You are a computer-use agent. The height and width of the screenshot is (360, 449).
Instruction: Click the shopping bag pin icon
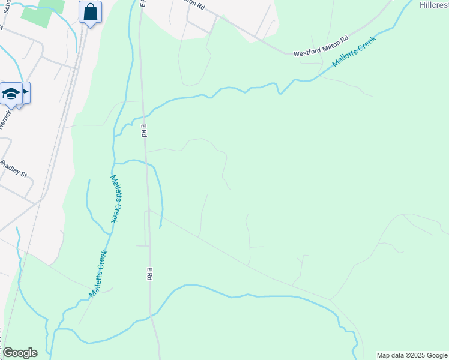[x=90, y=12]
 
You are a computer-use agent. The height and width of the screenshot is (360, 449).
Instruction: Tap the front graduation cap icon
[x=11, y=94]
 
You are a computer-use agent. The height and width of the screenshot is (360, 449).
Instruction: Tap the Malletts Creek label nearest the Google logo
[x=98, y=274]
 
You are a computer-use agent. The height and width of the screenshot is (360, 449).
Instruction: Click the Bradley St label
[x=14, y=169]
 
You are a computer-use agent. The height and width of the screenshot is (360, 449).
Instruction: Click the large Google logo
[x=19, y=353]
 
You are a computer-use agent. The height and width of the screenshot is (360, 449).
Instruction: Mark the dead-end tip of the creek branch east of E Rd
[x=160, y=227]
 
